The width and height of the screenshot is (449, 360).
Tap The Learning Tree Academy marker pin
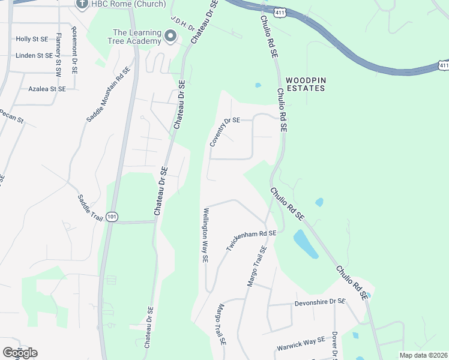coord(170,37)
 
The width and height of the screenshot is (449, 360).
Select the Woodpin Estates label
coord(305,84)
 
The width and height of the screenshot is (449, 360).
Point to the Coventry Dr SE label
coord(224,131)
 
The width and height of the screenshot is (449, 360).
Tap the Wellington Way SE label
coord(205,236)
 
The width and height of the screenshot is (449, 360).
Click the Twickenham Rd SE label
coord(250,239)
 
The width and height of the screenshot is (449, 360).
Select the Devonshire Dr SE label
coord(320,302)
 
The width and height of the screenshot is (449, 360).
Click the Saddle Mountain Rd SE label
coord(109,94)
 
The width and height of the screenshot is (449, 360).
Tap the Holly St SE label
coord(32,39)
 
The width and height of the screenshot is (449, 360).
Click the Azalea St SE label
coord(47,89)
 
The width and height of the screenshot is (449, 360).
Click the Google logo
coord(20,352)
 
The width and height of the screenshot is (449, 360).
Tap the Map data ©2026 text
coord(423,355)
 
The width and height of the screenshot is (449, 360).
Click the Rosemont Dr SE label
coord(74,50)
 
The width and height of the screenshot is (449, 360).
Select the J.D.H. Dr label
coord(183,23)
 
